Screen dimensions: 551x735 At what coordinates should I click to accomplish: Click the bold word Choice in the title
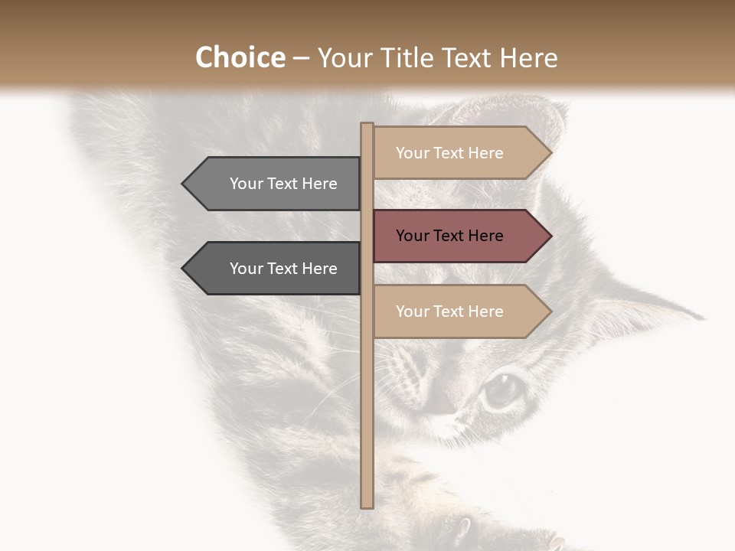pyautogui.click(x=240, y=58)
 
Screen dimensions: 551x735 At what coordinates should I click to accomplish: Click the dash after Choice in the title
pyautogui.click(x=301, y=59)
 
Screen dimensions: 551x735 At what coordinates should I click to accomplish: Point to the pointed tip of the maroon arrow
pyautogui.click(x=550, y=236)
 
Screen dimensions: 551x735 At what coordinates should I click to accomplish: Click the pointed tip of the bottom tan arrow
pyautogui.click(x=550, y=311)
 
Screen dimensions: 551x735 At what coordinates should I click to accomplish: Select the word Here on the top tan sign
pyautogui.click(x=485, y=153)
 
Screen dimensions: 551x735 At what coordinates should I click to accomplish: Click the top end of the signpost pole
pyautogui.click(x=367, y=126)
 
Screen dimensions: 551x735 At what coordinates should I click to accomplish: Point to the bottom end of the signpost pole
pyautogui.click(x=367, y=505)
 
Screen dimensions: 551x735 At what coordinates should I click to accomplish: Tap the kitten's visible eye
pyautogui.click(x=501, y=389)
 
